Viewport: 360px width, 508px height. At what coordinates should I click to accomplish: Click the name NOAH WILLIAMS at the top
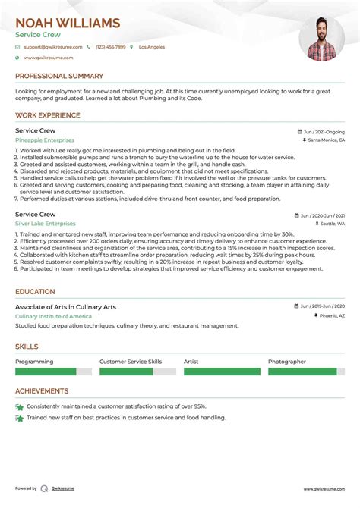pos(68,23)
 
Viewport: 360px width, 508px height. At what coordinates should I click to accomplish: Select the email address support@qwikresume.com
pos(51,47)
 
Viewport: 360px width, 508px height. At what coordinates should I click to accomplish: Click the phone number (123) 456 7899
pos(109,47)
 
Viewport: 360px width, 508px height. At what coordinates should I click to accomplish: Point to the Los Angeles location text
pos(150,47)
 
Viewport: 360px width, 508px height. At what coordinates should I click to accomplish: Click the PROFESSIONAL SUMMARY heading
pos(59,76)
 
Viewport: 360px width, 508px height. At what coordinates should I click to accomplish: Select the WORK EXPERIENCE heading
pos(48,115)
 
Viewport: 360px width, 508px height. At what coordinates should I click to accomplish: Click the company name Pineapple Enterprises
pos(45,140)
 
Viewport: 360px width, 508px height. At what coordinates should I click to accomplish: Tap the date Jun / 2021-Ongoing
pos(322,130)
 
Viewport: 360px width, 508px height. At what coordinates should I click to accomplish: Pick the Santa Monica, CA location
pos(325,140)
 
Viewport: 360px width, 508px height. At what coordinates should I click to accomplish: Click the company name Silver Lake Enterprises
pos(46,224)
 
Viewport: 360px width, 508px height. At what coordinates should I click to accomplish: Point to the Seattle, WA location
pos(331,224)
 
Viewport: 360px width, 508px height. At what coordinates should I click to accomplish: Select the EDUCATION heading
pos(35,291)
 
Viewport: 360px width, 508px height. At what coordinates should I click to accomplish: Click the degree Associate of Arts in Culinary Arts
pos(65,306)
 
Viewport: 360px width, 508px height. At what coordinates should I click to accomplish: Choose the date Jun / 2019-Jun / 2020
pos(322,306)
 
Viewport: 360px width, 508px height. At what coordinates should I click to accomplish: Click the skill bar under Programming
pos(53,372)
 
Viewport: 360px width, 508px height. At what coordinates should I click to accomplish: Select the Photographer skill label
pos(287,362)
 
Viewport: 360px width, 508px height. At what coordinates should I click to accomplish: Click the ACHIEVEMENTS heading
pos(42,391)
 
